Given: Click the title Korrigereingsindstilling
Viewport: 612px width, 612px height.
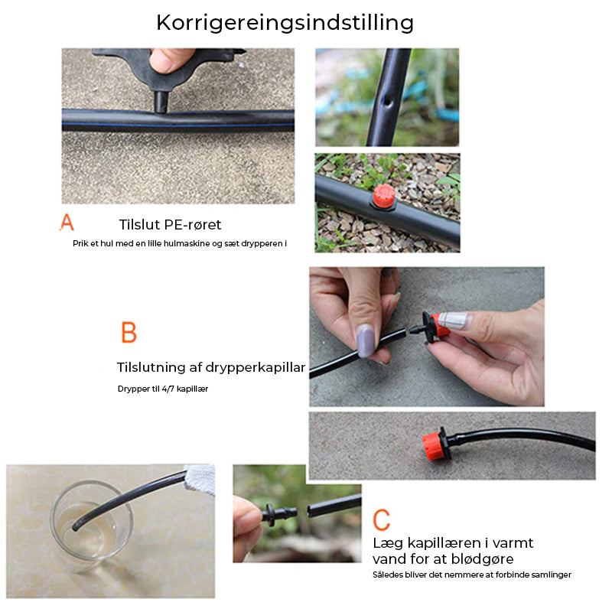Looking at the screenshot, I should coord(285,22).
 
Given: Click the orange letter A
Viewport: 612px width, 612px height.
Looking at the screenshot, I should coord(67,223).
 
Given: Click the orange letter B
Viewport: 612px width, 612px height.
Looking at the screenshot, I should coord(129,334).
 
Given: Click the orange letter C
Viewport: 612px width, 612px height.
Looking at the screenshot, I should coord(381,519).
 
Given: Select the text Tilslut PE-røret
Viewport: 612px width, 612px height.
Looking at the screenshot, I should coord(170,225).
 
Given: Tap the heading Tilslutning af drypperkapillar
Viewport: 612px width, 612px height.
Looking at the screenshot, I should coord(211,368).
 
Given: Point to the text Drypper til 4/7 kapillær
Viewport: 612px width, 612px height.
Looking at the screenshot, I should coord(162,389).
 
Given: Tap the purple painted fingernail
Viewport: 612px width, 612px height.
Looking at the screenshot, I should coord(366,340).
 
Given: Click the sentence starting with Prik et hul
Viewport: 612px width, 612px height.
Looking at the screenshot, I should coord(178,244).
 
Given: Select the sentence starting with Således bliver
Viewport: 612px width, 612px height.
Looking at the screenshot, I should coord(471,575).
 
